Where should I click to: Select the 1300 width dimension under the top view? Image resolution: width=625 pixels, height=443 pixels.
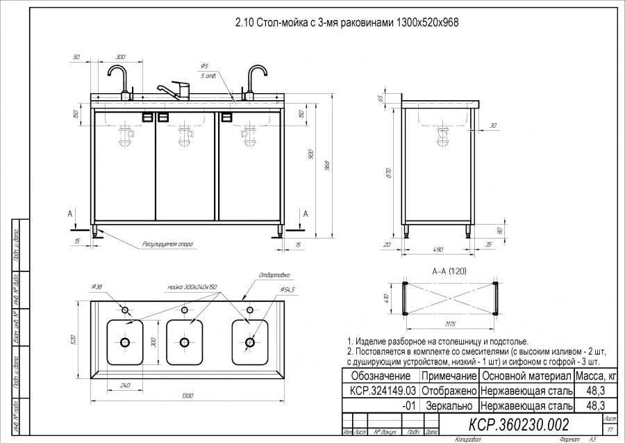185,394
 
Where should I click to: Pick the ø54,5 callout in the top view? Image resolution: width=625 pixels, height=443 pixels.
287,289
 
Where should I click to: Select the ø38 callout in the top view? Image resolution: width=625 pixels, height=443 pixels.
97,287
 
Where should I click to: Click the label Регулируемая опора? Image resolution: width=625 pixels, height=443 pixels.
167,244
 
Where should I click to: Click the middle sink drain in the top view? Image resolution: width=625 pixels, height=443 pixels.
185,342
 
